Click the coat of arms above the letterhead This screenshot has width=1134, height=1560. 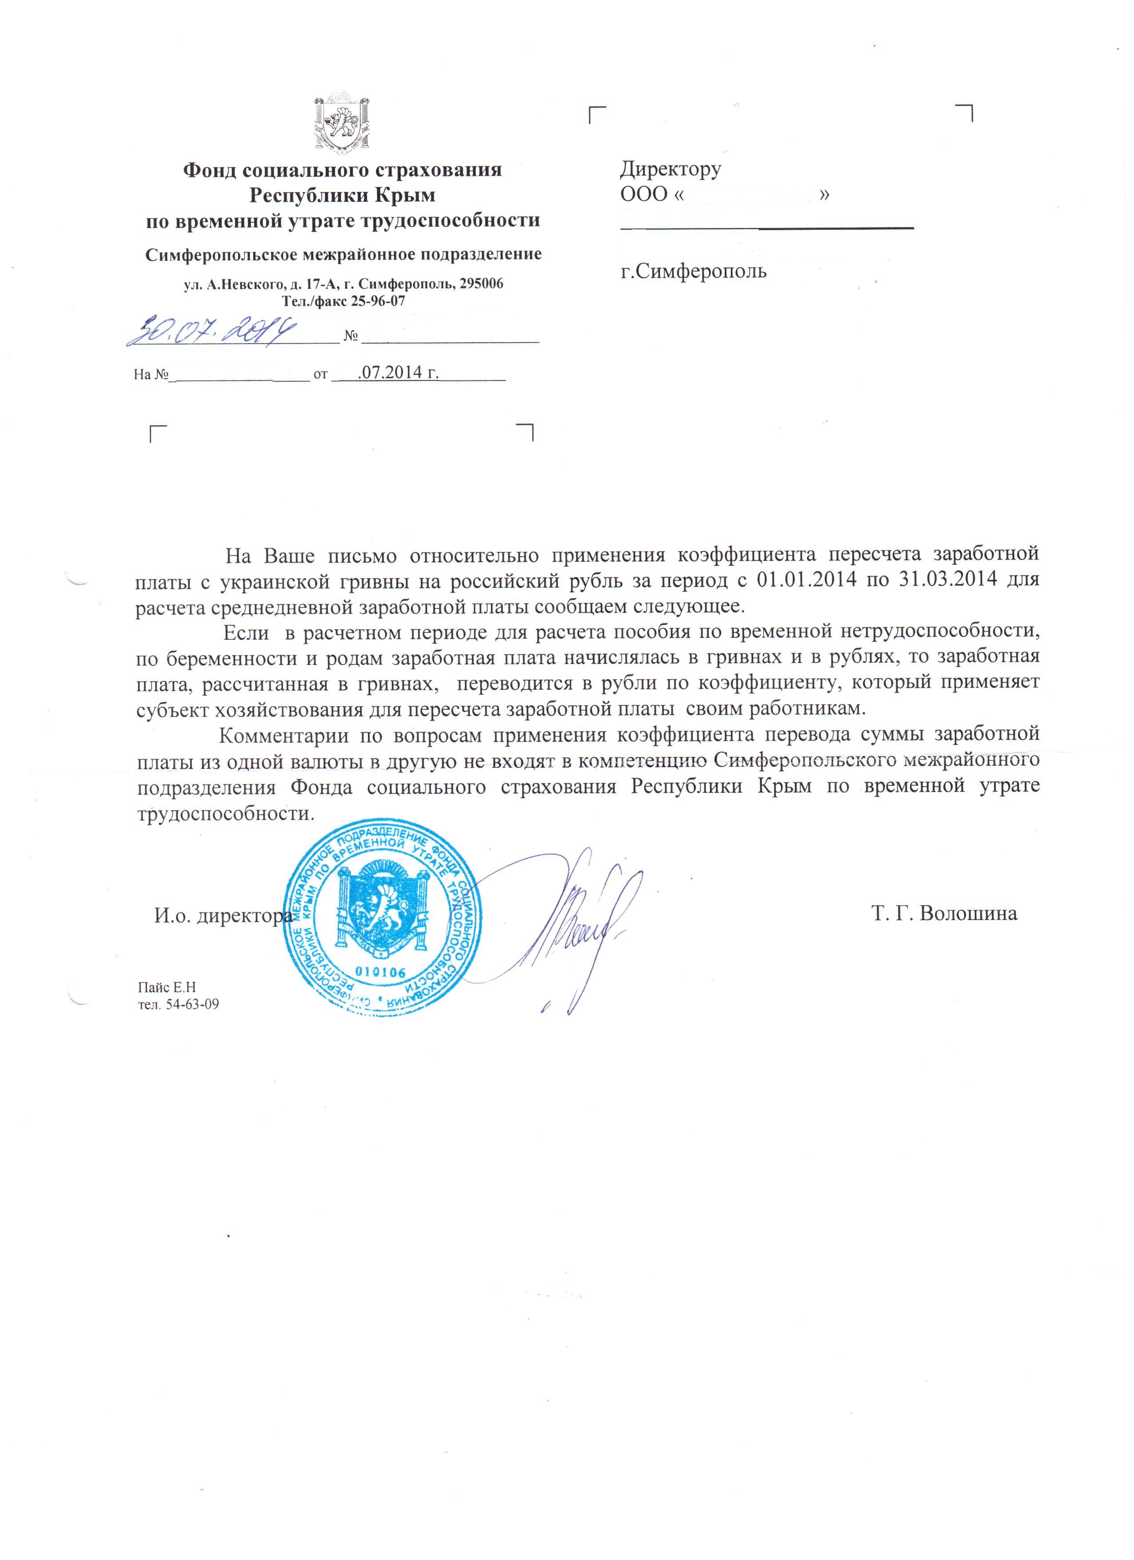[342, 122]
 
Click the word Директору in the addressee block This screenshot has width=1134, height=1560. [671, 168]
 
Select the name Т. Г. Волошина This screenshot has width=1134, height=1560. [943, 913]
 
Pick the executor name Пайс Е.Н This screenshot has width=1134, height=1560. [167, 988]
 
